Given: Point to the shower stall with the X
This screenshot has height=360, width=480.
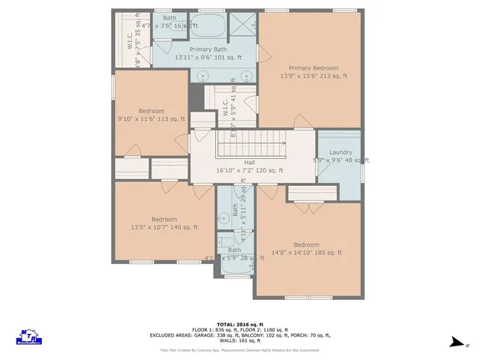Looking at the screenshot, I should [x=241, y=23].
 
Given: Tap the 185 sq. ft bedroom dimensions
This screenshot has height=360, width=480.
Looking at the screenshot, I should [x=306, y=253].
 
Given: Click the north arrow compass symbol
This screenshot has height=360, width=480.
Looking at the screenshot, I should [x=455, y=342].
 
